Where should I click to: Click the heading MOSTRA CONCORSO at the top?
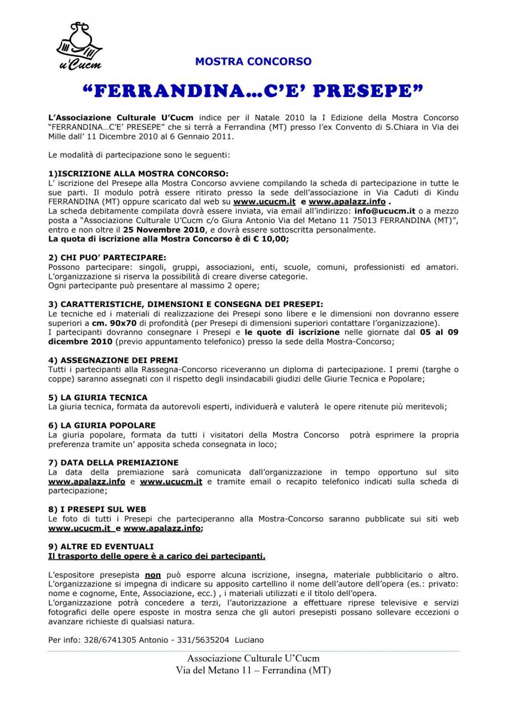[253, 62]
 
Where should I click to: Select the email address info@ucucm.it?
[384, 211]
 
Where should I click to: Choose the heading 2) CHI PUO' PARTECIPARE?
[107, 257]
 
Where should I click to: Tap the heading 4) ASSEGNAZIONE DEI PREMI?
[113, 360]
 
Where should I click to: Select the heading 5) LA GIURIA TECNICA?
[97, 397]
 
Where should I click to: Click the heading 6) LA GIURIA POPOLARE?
[102, 425]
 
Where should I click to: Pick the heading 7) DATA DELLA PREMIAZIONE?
[113, 463]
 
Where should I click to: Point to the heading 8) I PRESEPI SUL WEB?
[97, 509]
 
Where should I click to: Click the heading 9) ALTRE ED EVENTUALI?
[100, 546]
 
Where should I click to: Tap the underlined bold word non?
[153, 574]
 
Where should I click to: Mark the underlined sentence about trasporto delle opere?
[157, 556]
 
